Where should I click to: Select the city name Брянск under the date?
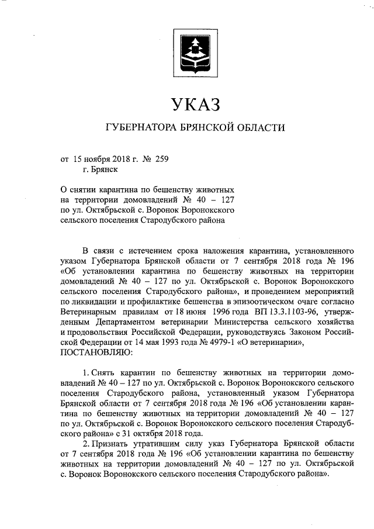pos(101,170)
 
